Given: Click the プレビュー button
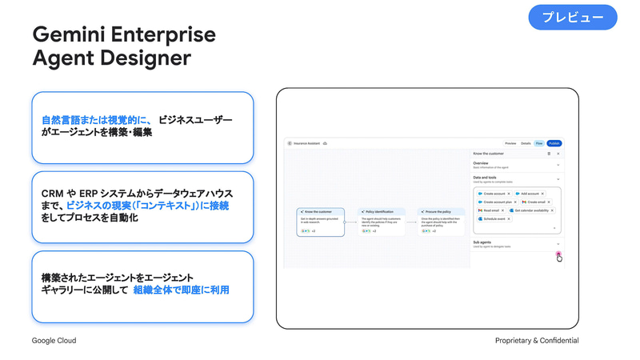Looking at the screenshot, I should tap(573, 18).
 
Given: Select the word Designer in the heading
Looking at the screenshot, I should tap(146, 58).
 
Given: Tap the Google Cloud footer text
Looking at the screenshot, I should tap(54, 341).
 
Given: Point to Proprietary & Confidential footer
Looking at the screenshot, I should tap(537, 341).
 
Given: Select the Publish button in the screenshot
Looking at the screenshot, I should tap(554, 143).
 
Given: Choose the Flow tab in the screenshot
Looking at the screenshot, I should tap(540, 143).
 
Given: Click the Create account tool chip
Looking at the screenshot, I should tap(494, 194).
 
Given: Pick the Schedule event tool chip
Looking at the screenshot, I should tap(494, 218).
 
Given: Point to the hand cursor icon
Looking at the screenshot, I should tap(559, 257).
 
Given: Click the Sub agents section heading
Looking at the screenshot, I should tap(482, 241).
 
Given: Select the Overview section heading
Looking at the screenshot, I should tap(481, 163).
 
